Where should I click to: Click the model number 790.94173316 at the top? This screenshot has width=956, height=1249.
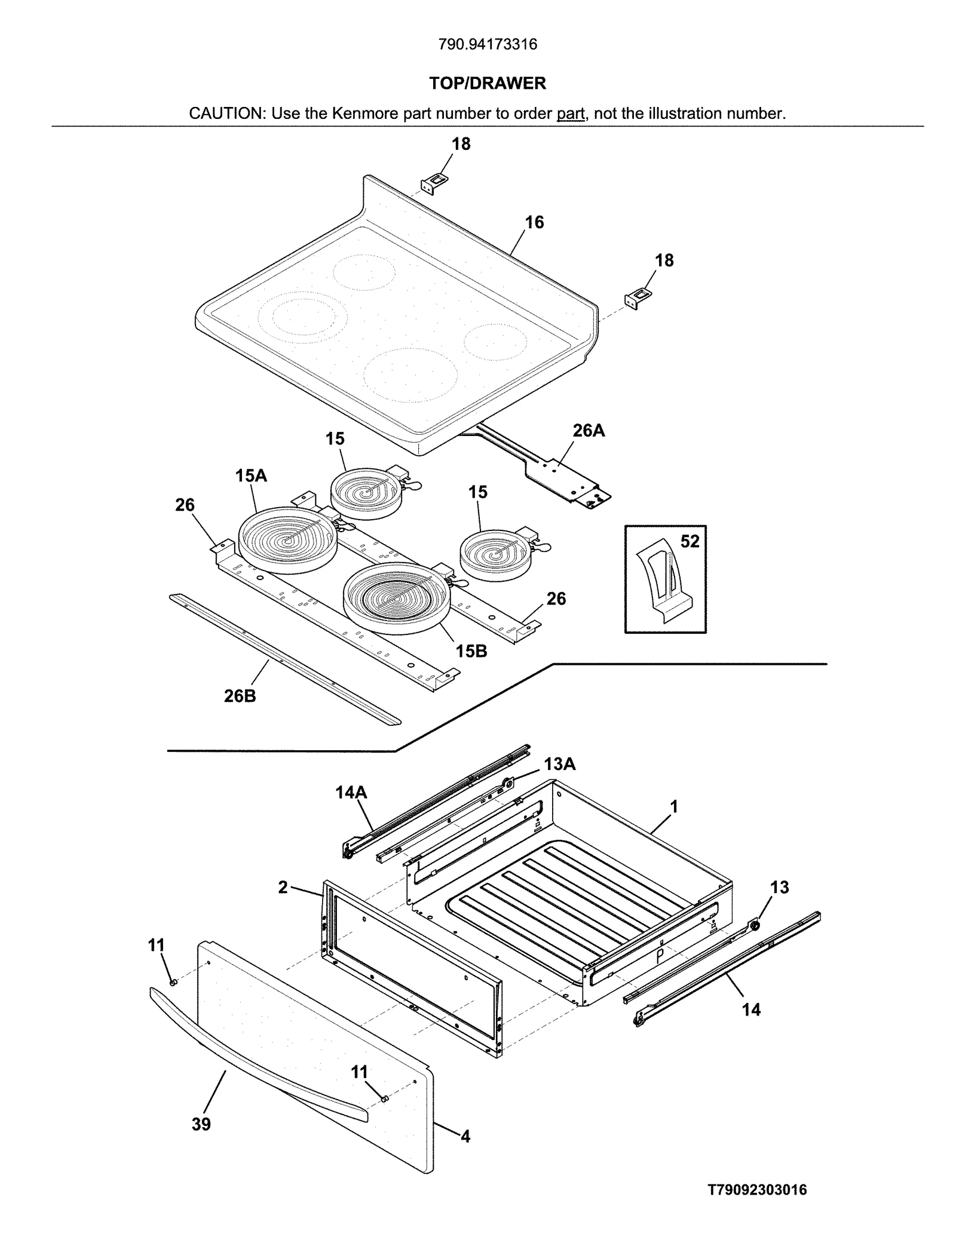tap(488, 45)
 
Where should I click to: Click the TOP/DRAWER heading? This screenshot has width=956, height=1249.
tap(488, 83)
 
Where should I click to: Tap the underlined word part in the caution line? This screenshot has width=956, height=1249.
tap(571, 113)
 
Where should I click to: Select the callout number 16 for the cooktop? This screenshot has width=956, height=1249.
tap(534, 222)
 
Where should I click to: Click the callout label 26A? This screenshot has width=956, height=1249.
tap(589, 430)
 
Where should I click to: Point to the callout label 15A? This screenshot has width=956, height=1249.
tap(251, 475)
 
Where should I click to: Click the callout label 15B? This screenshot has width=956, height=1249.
tap(471, 651)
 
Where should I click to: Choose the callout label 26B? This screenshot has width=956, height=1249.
tap(240, 696)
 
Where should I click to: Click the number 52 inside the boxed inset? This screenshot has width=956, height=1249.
tap(690, 541)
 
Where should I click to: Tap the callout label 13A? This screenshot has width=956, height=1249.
tap(559, 764)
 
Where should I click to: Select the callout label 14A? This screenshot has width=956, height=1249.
tap(351, 792)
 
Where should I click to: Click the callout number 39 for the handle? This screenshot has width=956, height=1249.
tap(201, 1124)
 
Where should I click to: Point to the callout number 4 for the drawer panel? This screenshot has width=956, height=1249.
tap(465, 1136)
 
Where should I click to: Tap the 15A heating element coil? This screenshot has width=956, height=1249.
tap(288, 539)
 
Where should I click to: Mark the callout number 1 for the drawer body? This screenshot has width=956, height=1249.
tap(674, 807)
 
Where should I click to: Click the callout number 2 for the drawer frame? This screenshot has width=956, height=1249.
tap(283, 887)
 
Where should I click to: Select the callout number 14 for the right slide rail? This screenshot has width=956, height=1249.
tap(751, 1009)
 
